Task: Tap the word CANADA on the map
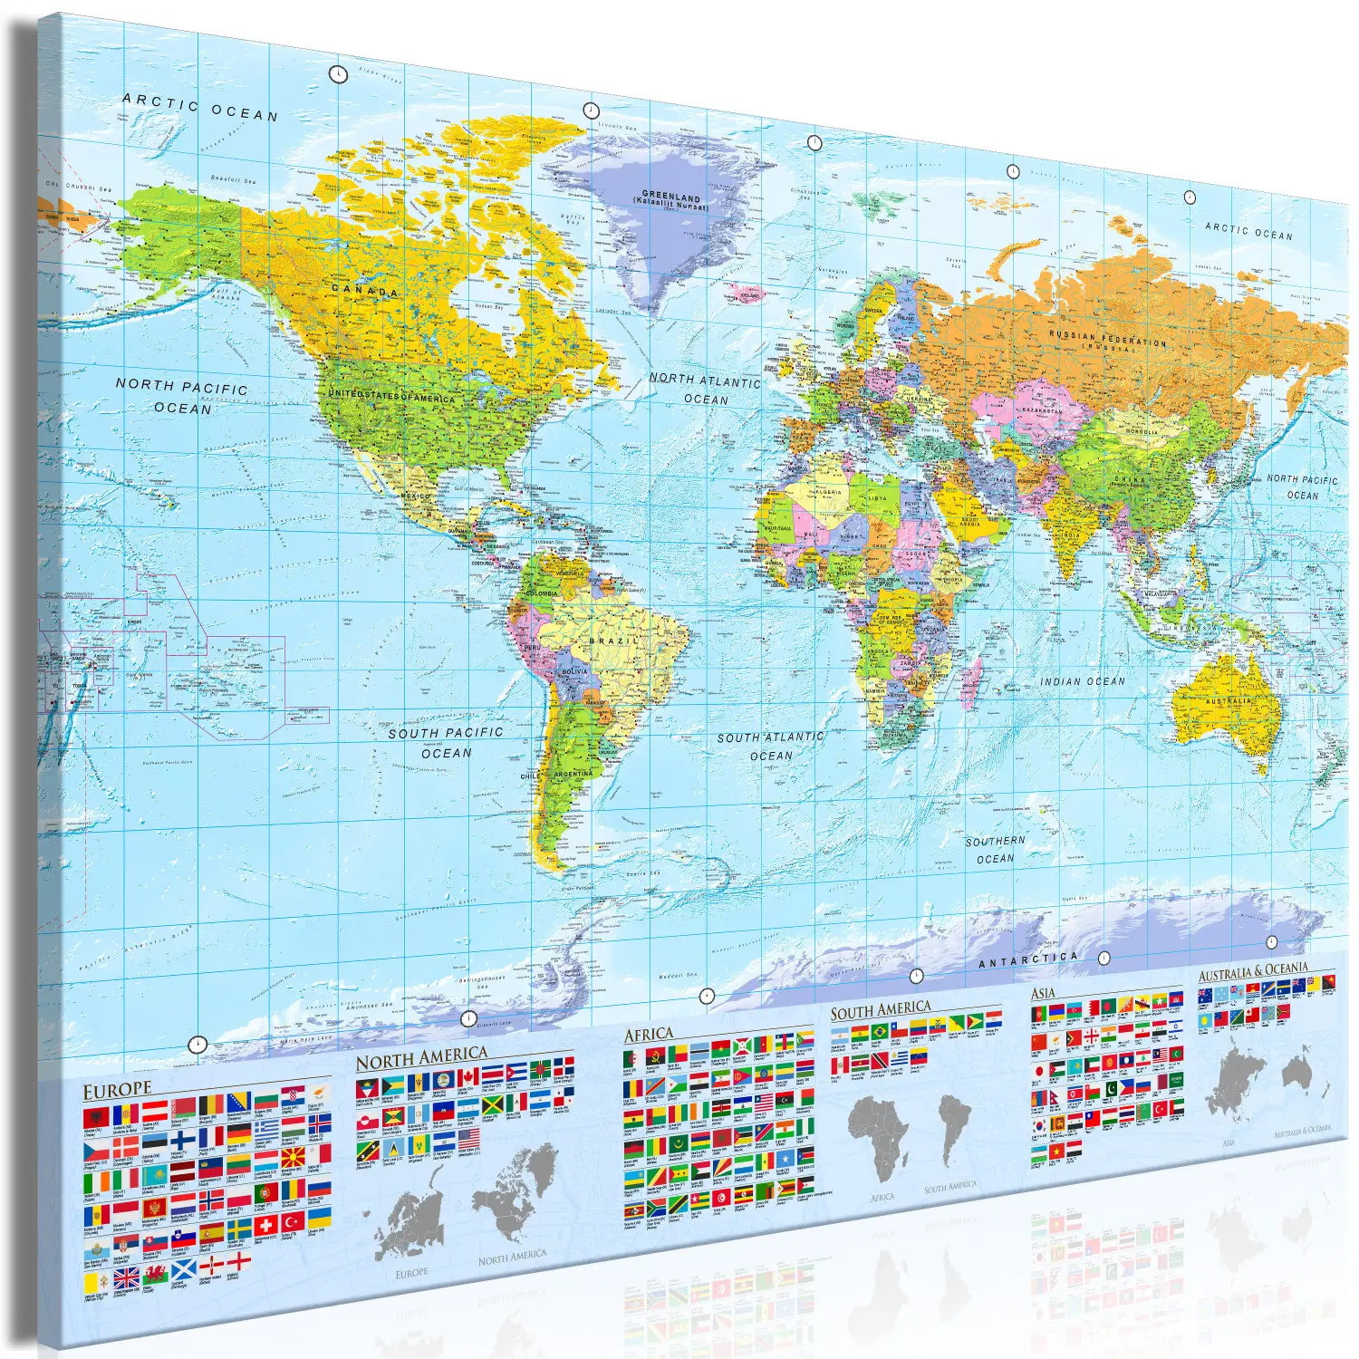coord(365,291)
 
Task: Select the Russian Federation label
coord(1107,340)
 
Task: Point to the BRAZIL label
coord(613,641)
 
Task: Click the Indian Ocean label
coord(1082,681)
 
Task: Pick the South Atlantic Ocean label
coord(770,746)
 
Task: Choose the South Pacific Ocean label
coord(446,742)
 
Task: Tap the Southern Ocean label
coord(995,850)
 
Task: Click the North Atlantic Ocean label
coord(705,390)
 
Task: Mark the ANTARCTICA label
coord(1028,959)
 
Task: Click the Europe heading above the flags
coord(117,1091)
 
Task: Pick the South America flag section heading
coord(881,1010)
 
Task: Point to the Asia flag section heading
coord(1043,994)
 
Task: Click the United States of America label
coord(391,396)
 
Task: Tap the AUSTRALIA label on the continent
coord(1229,700)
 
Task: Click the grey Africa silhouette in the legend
coord(877,1136)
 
